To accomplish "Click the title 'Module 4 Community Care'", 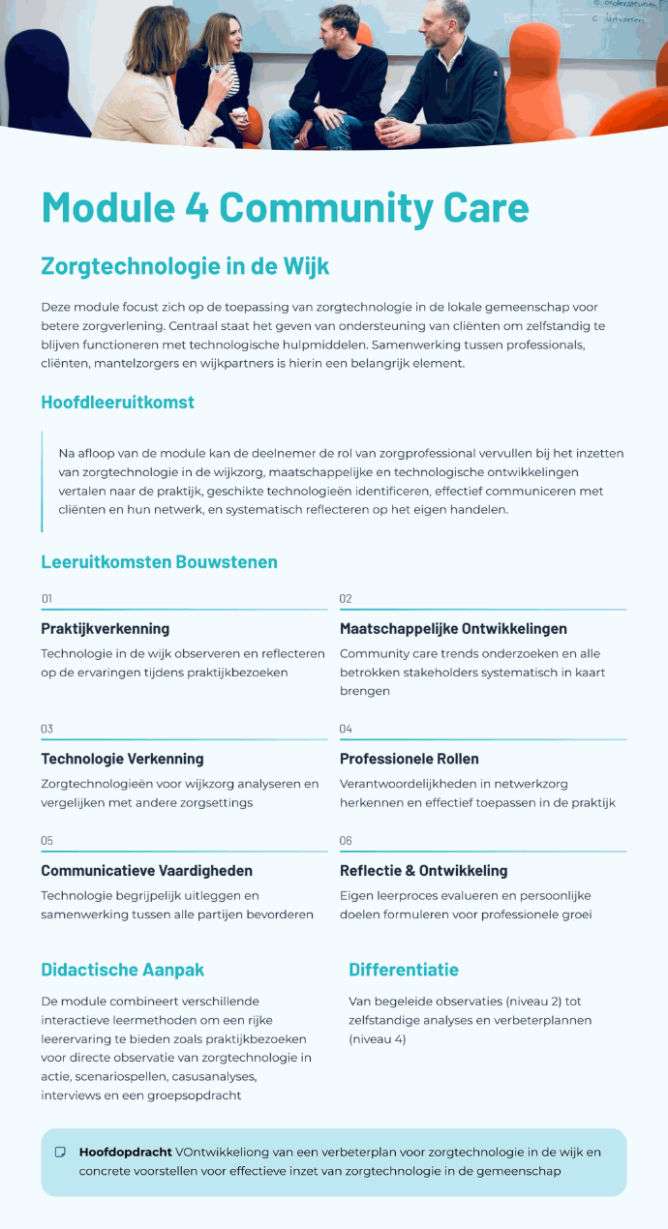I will tap(285, 208).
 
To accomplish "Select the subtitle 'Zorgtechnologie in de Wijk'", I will tap(185, 265).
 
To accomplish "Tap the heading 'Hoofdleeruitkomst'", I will tap(117, 403).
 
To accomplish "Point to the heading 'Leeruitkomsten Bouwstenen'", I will tap(159, 562).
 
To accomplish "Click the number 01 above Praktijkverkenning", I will tap(46, 599).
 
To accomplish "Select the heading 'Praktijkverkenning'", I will tap(105, 629).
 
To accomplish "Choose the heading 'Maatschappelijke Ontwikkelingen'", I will tap(453, 629).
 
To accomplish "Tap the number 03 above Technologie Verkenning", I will tap(46, 729).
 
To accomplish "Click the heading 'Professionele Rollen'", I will tap(409, 759).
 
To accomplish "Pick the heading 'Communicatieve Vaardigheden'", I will tap(146, 871).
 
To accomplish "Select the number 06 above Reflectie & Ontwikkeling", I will tap(346, 841).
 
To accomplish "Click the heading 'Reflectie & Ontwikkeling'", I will tap(423, 871).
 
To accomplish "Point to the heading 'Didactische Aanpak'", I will tap(122, 970).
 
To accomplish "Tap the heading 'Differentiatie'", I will tap(404, 970).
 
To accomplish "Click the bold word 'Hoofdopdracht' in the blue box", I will tap(125, 1153).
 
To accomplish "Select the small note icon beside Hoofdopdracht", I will tap(60, 1153).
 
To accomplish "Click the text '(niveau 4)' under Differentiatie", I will tap(378, 1039).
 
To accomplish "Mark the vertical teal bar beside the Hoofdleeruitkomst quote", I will tap(43, 482).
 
